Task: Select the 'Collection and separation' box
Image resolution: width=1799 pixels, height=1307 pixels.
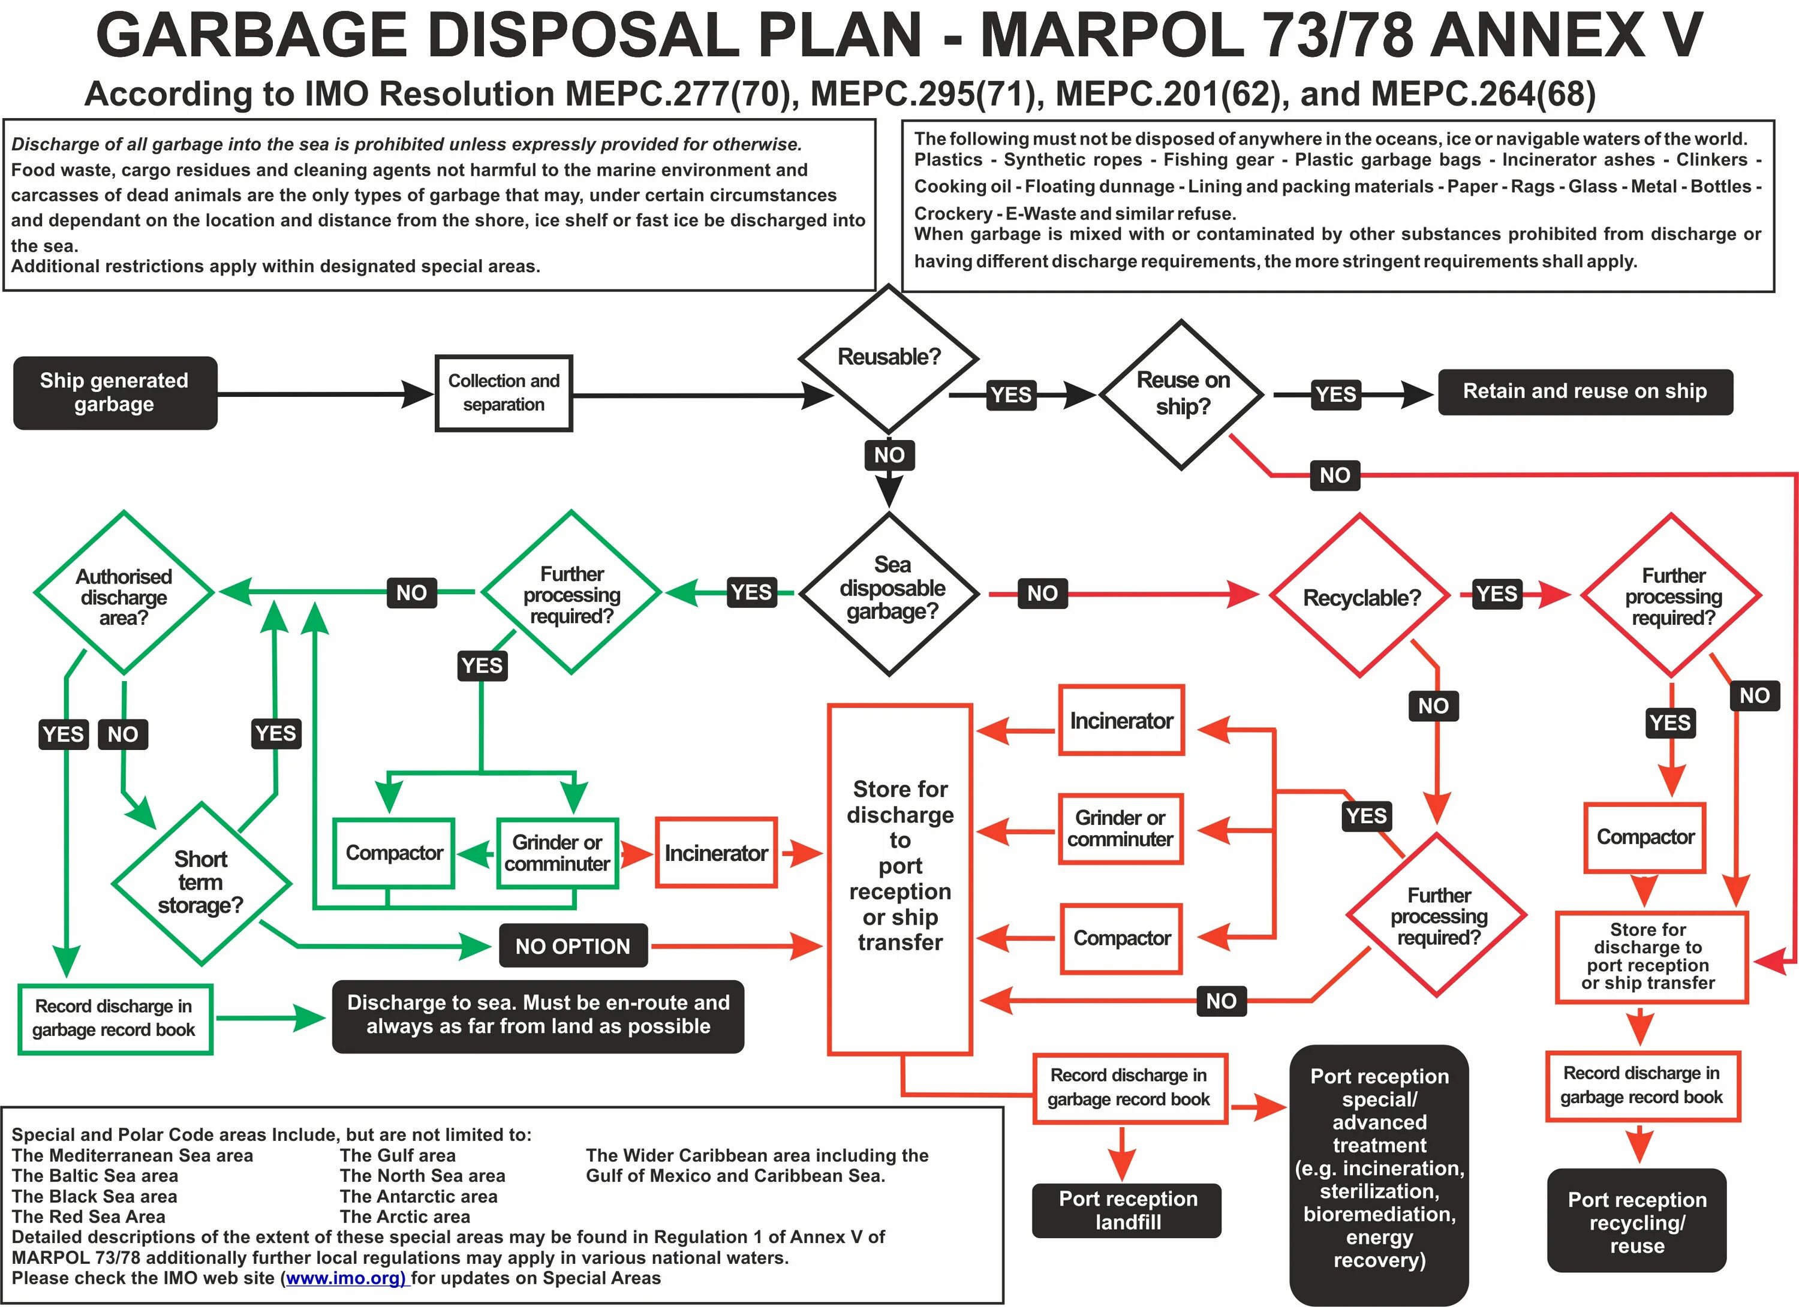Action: coord(504,393)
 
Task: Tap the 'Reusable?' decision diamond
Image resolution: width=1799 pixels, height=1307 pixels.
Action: coord(888,359)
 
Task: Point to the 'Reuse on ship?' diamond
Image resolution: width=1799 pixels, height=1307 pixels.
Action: coord(1182,394)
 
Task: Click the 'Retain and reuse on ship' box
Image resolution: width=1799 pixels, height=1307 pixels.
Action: coord(1584,391)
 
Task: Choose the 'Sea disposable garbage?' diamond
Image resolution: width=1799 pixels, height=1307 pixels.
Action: coord(891,591)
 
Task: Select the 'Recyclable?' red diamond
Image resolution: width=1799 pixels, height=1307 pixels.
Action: coord(1361,597)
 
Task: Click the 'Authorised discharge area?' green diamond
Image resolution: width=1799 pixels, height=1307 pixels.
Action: coord(124,595)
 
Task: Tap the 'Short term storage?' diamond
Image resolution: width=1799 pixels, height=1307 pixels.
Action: coord(201,882)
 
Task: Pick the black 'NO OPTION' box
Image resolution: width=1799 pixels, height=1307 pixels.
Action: coord(573,945)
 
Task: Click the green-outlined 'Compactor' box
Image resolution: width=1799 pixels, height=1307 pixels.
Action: coord(394,853)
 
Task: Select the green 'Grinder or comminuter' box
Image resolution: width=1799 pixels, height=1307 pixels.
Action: coord(557,853)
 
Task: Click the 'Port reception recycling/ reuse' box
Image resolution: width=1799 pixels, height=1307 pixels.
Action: coord(1636,1222)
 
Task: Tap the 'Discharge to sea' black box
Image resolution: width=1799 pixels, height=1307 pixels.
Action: coord(538,1014)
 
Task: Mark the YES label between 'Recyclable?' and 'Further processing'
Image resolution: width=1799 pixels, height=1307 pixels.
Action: coord(1496,593)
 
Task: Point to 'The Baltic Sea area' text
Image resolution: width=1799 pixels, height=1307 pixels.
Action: coord(95,1175)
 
